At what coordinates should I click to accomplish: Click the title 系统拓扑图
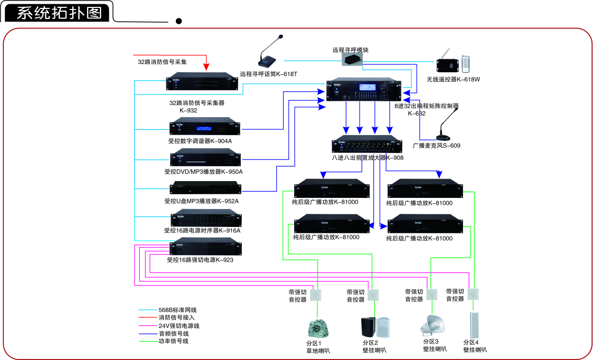click(59, 13)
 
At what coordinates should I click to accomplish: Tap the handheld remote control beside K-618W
click(465, 64)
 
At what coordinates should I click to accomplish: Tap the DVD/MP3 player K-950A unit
click(205, 158)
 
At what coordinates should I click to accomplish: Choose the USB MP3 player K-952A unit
click(205, 188)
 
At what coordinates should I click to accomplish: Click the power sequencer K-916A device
click(205, 219)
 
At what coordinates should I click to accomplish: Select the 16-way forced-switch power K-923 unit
click(205, 248)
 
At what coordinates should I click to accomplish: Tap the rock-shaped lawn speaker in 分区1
click(318, 329)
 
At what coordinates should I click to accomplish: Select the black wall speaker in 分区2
click(369, 327)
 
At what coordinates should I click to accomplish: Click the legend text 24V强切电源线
click(179, 326)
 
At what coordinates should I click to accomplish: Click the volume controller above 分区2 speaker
click(374, 295)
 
